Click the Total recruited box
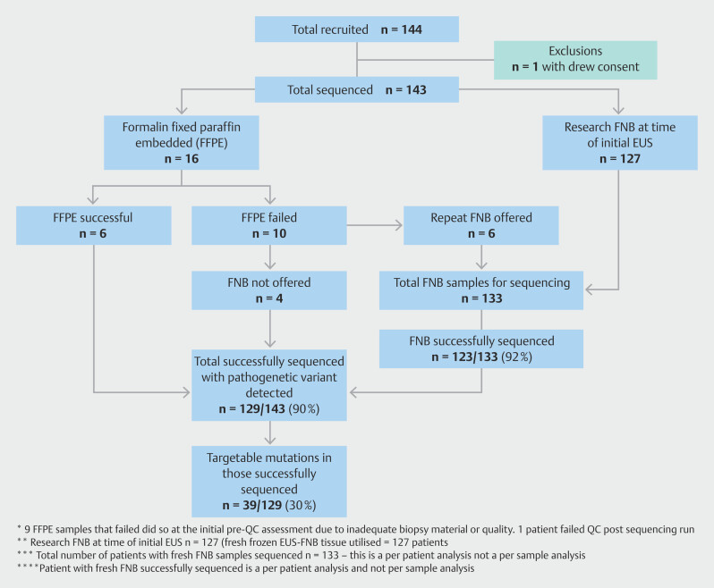pyautogui.click(x=356, y=29)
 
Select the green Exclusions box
pyautogui.click(x=575, y=60)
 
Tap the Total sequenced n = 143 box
pyautogui.click(x=356, y=89)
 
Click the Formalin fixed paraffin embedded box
pyautogui.click(x=182, y=142)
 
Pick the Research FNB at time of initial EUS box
pyautogui.click(x=620, y=142)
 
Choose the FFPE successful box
pyautogui.click(x=93, y=225)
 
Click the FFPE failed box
pyautogui.click(x=269, y=225)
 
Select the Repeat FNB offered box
pyautogui.click(x=480, y=225)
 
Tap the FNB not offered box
pyautogui.click(x=269, y=290)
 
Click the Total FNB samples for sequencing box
pyautogui.click(x=481, y=290)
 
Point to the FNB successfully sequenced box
pyautogui.click(x=481, y=349)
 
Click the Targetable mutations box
pyautogui.click(x=269, y=481)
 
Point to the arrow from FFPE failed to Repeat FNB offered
pyautogui.click(x=375, y=225)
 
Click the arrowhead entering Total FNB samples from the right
pyautogui.click(x=589, y=290)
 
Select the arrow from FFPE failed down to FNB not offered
pyautogui.click(x=270, y=258)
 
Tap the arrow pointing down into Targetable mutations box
pyautogui.click(x=270, y=433)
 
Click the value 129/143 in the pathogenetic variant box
pyautogui.click(x=262, y=408)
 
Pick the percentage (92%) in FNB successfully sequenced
pyautogui.click(x=516, y=357)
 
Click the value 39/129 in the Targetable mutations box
pyautogui.click(x=262, y=505)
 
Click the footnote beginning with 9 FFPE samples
pyautogui.click(x=355, y=529)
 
